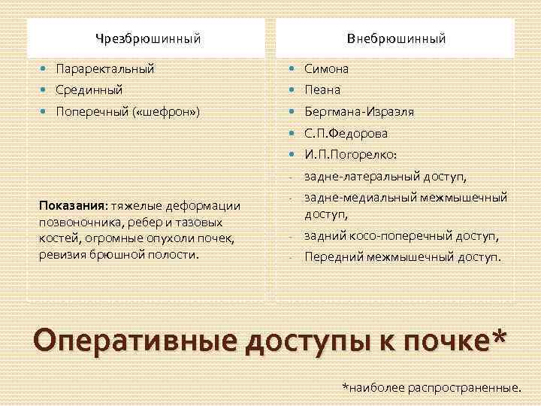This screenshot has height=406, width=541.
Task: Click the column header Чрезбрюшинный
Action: point(148,38)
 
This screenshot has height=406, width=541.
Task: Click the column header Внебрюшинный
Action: point(396,38)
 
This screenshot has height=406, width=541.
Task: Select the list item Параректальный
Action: point(104,68)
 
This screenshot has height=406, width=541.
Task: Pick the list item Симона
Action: point(326,68)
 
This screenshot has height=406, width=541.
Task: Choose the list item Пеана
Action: point(322,89)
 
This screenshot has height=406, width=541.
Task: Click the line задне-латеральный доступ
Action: point(385,177)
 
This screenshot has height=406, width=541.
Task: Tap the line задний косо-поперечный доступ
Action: point(401,236)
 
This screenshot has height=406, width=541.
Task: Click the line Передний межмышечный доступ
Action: point(402,257)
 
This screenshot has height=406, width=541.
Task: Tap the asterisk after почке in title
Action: point(497,336)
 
